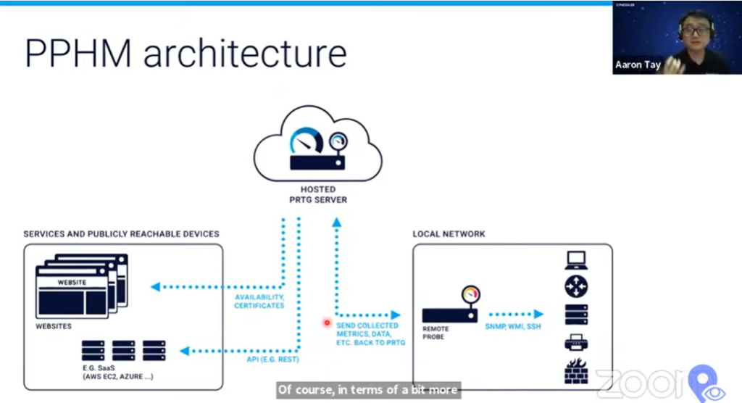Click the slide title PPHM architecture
(x=185, y=54)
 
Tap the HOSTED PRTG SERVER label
(x=318, y=194)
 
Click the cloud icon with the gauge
(x=318, y=144)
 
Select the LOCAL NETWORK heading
(x=449, y=234)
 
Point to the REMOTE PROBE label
(x=435, y=333)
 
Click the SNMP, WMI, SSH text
(x=513, y=327)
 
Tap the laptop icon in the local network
(x=576, y=259)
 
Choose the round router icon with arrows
(x=576, y=286)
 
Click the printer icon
(x=576, y=343)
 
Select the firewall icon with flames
(x=576, y=371)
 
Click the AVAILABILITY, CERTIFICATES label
(x=259, y=302)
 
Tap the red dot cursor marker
(x=327, y=323)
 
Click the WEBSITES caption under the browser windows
(x=54, y=327)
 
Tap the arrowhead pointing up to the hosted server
(x=337, y=225)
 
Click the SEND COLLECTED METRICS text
(x=368, y=334)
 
